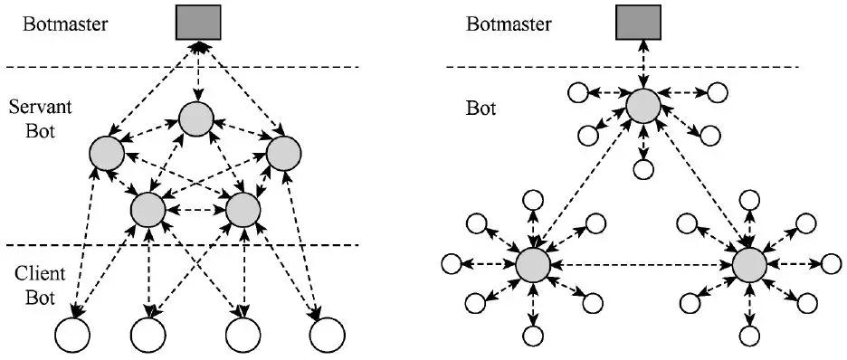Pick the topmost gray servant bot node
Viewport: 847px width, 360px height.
coord(196,119)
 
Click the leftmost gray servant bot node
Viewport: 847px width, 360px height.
coord(108,155)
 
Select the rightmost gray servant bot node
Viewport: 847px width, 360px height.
coord(281,153)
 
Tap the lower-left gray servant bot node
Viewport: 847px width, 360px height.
coord(148,210)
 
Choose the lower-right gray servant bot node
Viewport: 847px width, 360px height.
coord(243,210)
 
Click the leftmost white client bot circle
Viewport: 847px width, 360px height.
coord(71,336)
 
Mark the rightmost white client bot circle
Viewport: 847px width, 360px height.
coord(327,336)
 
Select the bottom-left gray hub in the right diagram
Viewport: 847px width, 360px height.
coord(533,265)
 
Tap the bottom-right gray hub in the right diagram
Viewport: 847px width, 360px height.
coord(749,265)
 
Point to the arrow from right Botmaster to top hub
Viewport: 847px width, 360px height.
coord(641,65)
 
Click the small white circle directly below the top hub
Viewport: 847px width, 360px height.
coord(644,168)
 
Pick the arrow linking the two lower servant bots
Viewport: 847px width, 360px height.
coord(195,210)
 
